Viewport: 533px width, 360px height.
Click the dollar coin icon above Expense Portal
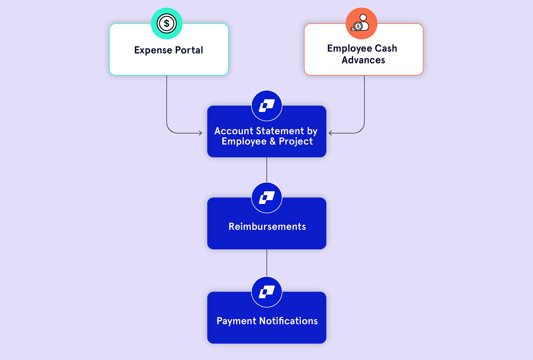(166, 24)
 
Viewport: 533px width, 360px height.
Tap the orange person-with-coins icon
(361, 24)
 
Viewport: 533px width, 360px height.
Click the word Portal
(189, 50)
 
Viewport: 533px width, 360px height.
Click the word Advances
(363, 60)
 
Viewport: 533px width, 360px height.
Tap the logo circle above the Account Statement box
(266, 106)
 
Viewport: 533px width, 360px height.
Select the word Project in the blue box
(296, 141)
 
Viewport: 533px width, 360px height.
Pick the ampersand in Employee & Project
(272, 141)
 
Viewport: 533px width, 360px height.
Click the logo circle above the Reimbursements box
(266, 198)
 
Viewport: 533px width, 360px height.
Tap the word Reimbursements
(267, 226)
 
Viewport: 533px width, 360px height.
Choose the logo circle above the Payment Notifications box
(266, 292)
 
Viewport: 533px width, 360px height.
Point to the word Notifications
(288, 321)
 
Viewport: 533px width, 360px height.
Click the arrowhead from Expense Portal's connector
(201, 133)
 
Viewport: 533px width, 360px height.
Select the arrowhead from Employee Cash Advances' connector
(330, 133)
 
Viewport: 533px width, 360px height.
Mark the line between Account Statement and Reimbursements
(266, 169)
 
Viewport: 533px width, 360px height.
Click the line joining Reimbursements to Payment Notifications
(266, 262)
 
